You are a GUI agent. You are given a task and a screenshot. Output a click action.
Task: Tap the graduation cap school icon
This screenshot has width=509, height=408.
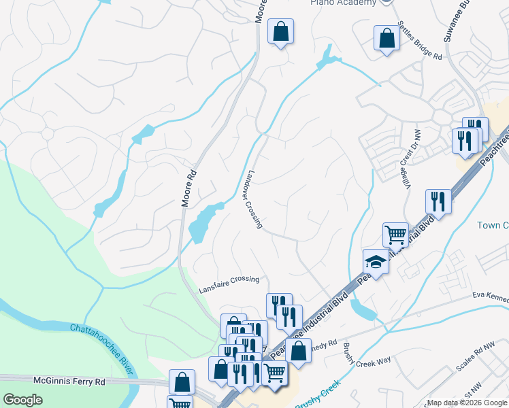point(375,261)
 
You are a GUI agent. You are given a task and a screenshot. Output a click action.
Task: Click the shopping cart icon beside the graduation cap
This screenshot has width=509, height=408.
point(395,235)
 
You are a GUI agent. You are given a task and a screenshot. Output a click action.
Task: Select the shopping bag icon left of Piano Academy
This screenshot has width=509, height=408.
point(280,31)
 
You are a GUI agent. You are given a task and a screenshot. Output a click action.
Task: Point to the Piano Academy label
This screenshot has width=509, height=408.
point(343,3)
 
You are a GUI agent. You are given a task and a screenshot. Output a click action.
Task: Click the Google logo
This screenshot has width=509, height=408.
point(22,400)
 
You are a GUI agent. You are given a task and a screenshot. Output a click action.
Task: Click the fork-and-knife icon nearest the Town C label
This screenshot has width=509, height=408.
point(438,201)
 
